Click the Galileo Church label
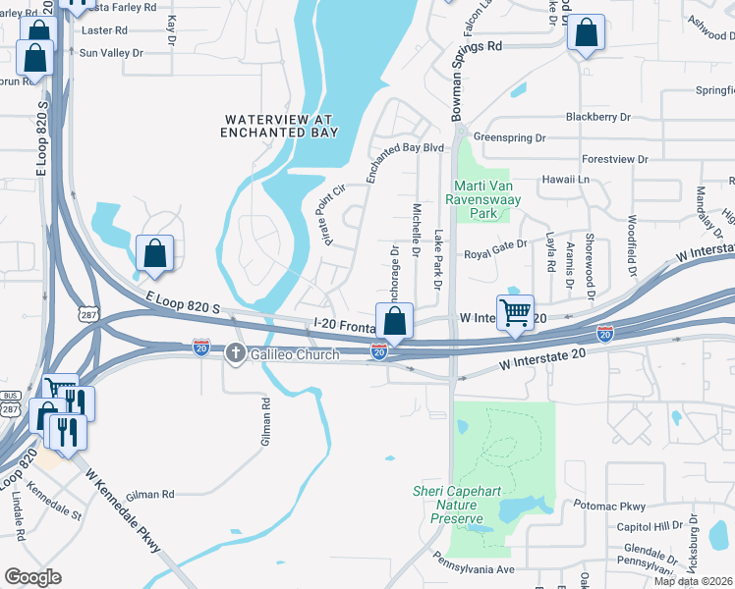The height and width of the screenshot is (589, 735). point(295,354)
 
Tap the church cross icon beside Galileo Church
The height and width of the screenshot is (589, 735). point(236,352)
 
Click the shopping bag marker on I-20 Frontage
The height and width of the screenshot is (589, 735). point(394,321)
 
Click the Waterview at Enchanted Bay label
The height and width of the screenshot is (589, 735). point(279,126)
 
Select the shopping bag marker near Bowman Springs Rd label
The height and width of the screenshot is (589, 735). point(586,33)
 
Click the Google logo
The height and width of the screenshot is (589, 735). point(31,577)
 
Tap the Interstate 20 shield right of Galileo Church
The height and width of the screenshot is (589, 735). point(379,351)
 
